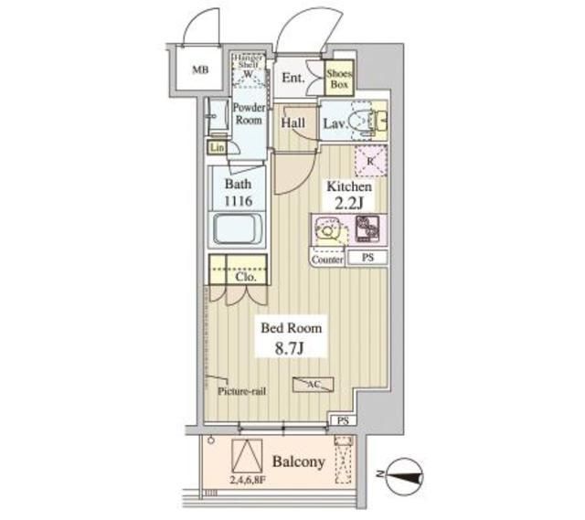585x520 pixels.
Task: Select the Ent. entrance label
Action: pos(293,78)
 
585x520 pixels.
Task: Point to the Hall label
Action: pos(293,122)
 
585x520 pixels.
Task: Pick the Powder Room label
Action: pos(248,113)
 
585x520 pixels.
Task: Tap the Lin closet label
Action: pos(217,146)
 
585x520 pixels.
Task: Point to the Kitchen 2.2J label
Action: pos(349,194)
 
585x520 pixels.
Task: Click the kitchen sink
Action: pos(326,231)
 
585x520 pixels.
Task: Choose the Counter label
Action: pos(327,260)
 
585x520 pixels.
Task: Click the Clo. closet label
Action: pos(243,275)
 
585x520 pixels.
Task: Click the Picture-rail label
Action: pos(241,391)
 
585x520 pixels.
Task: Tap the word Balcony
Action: pos(299,462)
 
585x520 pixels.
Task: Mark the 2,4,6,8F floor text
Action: pos(248,478)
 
